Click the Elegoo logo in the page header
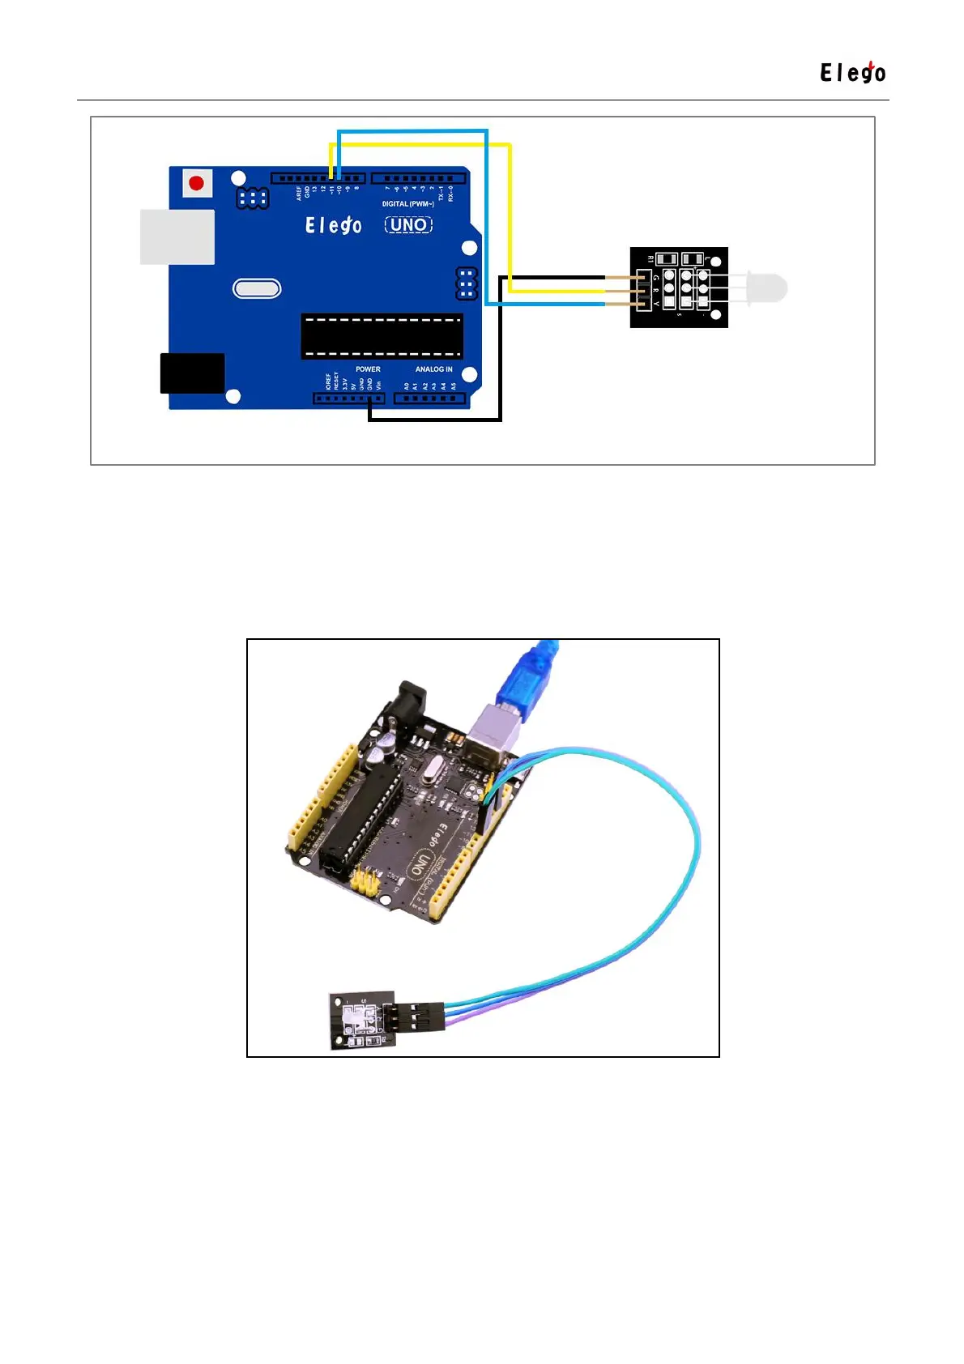[x=852, y=73]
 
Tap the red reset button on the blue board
[x=196, y=183]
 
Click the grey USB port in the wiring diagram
[x=177, y=237]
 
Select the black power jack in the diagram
[x=193, y=373]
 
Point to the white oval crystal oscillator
[x=257, y=288]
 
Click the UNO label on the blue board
[x=408, y=225]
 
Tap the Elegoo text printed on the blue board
[x=333, y=225]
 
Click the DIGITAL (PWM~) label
[x=407, y=204]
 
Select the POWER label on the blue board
[x=368, y=369]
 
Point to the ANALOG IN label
[x=433, y=369]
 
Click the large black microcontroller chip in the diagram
[x=382, y=336]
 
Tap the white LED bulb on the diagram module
[x=767, y=288]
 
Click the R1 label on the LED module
[x=650, y=259]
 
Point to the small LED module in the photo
[x=362, y=1020]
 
